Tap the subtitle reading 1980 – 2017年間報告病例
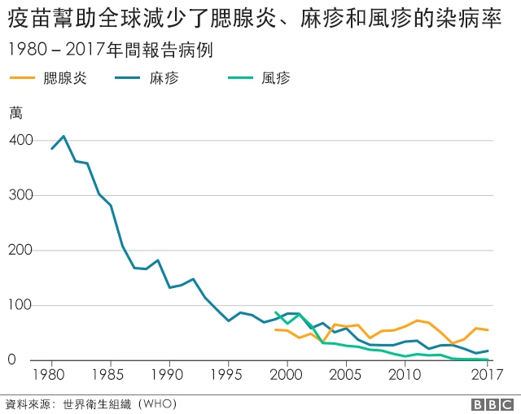click(x=110, y=50)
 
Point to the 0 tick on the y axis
click(x=27, y=360)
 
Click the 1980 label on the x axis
click(x=51, y=377)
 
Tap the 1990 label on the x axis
click(x=169, y=377)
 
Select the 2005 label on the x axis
click(x=346, y=377)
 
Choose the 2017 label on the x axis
click(x=487, y=377)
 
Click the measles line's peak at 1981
click(x=63, y=136)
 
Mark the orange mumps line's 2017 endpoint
click(x=488, y=330)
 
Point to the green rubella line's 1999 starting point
click(x=275, y=312)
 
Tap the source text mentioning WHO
click(x=90, y=403)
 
